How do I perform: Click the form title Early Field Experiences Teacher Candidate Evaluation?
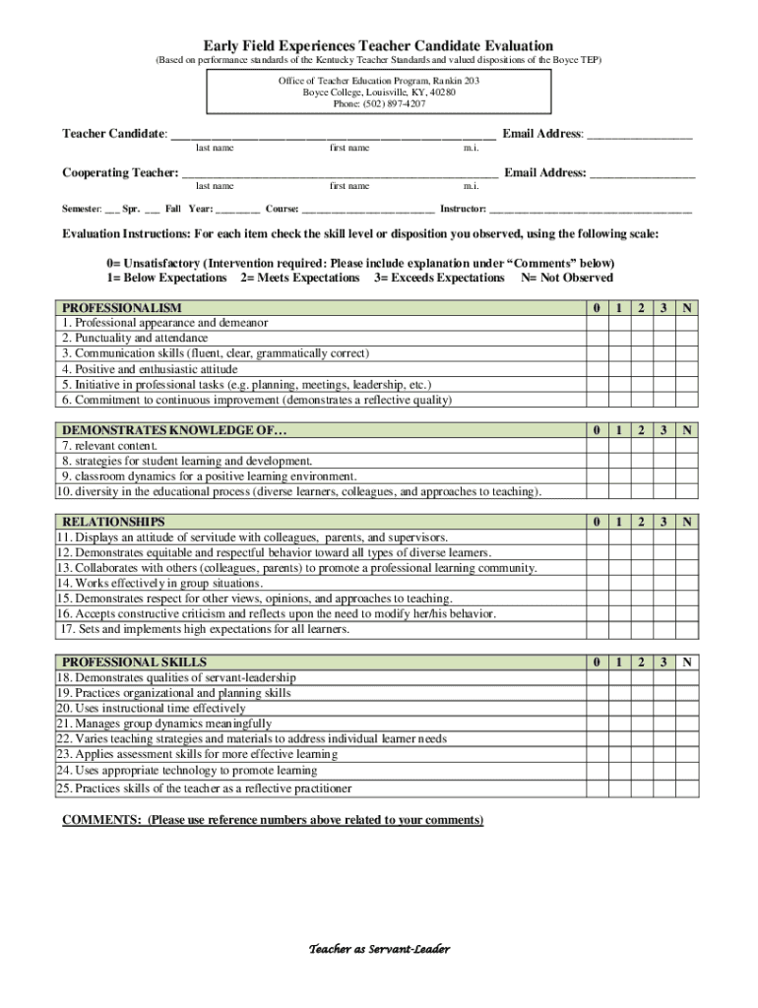[x=378, y=45]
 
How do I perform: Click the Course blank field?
[x=368, y=210]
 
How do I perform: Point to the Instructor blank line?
[x=591, y=210]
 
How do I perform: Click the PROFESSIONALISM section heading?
[x=122, y=308]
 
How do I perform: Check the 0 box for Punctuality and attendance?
[x=596, y=339]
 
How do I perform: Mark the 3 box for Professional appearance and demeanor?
[x=665, y=323]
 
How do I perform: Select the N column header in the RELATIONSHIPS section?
[x=689, y=522]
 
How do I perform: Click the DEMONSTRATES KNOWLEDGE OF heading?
[x=175, y=430]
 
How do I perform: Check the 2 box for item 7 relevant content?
[x=642, y=446]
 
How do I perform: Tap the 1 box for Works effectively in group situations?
[x=618, y=584]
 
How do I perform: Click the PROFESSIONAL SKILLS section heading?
[x=134, y=662]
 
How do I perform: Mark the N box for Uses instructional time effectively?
[x=689, y=709]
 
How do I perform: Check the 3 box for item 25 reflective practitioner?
[x=665, y=788]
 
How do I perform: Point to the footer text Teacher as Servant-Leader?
[x=379, y=949]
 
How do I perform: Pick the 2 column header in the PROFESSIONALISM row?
[x=642, y=308]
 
